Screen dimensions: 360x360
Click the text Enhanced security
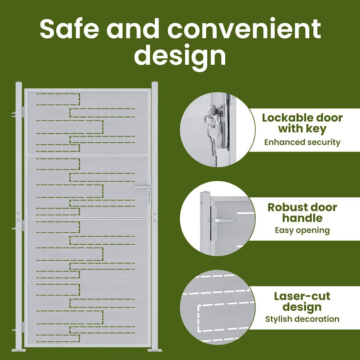(302, 142)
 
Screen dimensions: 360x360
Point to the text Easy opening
(302, 231)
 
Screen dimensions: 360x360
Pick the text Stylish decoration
(302, 319)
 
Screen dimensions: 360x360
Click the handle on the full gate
(143, 187)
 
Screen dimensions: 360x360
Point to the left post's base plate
(19, 350)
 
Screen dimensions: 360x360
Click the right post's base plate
(155, 350)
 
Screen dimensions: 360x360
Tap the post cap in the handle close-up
(205, 193)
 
